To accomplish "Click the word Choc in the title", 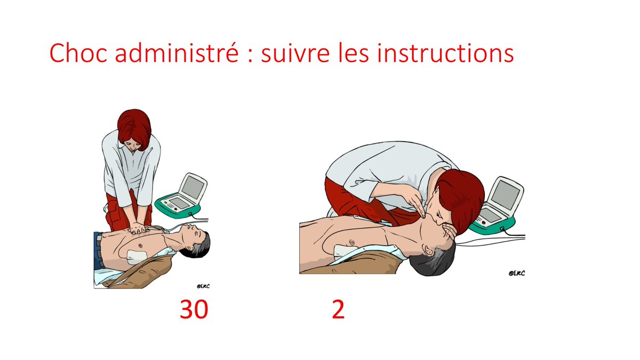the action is coord(78,53).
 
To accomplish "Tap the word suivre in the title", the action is coord(295,53).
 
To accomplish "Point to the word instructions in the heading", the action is coord(445,53).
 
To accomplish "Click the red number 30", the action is coord(194,309).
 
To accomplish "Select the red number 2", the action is coord(338,309).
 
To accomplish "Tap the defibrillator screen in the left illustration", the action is coord(193,187).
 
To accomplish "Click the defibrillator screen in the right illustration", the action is coord(505,195).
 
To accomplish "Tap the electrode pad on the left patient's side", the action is coord(137,257).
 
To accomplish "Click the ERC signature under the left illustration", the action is coord(203,286).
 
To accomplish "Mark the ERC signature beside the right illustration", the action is coord(517,273).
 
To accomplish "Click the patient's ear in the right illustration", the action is coord(428,250).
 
